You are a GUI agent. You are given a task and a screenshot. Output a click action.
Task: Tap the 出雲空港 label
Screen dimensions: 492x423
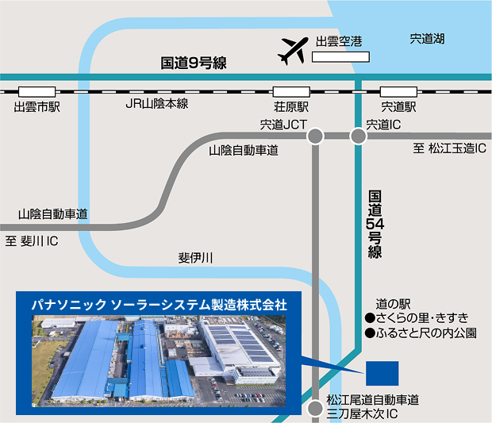click(339, 42)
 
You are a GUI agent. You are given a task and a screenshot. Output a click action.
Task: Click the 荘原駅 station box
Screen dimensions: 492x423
click(290, 91)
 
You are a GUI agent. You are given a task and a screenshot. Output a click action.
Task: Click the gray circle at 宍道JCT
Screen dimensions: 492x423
click(315, 137)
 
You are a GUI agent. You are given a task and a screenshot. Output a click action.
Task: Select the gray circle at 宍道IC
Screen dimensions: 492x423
click(359, 137)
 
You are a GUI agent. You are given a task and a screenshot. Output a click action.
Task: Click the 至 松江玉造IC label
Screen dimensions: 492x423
click(448, 148)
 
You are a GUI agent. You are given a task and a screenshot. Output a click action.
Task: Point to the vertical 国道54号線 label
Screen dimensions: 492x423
click(375, 225)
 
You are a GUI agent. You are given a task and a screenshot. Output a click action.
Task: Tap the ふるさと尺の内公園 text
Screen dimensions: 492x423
click(421, 333)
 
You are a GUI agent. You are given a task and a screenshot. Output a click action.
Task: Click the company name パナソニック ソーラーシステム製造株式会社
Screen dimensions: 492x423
click(159, 304)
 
